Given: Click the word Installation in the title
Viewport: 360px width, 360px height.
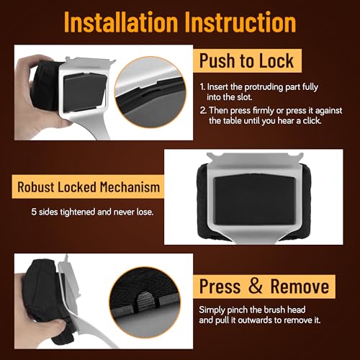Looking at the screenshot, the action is [x=121, y=22].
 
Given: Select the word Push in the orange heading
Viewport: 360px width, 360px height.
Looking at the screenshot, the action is [x=217, y=60].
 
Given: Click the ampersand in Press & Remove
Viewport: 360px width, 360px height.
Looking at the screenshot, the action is [x=256, y=286].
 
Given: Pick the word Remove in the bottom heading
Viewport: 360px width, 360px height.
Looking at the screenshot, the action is [x=300, y=287].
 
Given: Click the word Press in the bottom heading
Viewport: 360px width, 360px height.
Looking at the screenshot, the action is [x=220, y=287].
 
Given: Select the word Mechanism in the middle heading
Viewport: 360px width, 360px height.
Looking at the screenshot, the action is [x=130, y=187].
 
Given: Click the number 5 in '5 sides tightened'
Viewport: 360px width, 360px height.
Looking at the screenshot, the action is [x=34, y=212].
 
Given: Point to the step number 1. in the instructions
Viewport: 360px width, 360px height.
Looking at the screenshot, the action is [x=202, y=87].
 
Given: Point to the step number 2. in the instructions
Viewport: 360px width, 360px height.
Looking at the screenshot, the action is [x=203, y=111].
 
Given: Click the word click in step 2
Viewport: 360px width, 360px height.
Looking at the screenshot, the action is [x=312, y=120].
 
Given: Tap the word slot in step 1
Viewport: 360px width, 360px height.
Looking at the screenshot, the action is [x=245, y=97].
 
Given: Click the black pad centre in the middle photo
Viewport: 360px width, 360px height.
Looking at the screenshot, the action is [x=255, y=199].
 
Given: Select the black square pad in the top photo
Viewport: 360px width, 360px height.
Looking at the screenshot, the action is [x=85, y=92].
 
